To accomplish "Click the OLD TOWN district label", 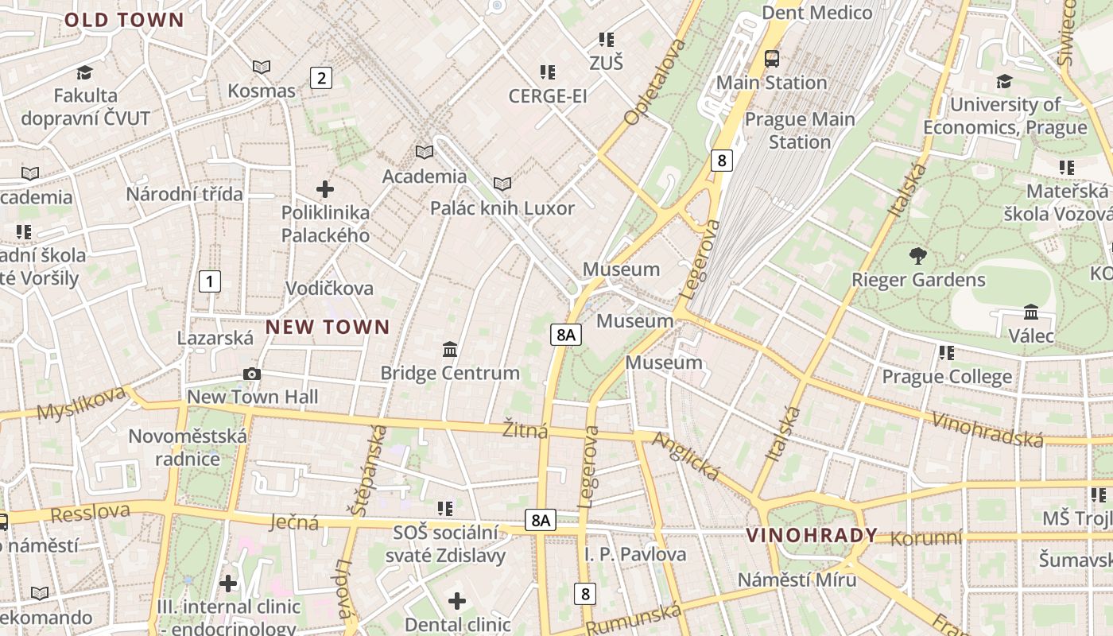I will click(124, 20).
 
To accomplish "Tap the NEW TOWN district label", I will click(328, 327).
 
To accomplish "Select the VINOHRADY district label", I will click(812, 535).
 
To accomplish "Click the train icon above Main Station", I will click(771, 58).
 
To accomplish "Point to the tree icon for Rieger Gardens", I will click(918, 256).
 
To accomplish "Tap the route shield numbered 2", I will click(320, 78).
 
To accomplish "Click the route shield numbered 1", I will click(209, 281).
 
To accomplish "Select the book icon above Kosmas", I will click(261, 68).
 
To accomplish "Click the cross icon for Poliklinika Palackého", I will click(325, 189).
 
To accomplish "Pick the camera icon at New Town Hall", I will click(252, 374).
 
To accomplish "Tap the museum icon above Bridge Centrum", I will click(450, 349).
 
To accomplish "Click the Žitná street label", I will click(525, 430).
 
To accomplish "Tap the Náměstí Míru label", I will click(797, 579).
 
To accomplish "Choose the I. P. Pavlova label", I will click(635, 554).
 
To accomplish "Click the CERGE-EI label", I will click(548, 96).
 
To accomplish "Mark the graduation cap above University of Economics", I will click(1004, 81).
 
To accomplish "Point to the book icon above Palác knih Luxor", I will click(502, 184).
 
